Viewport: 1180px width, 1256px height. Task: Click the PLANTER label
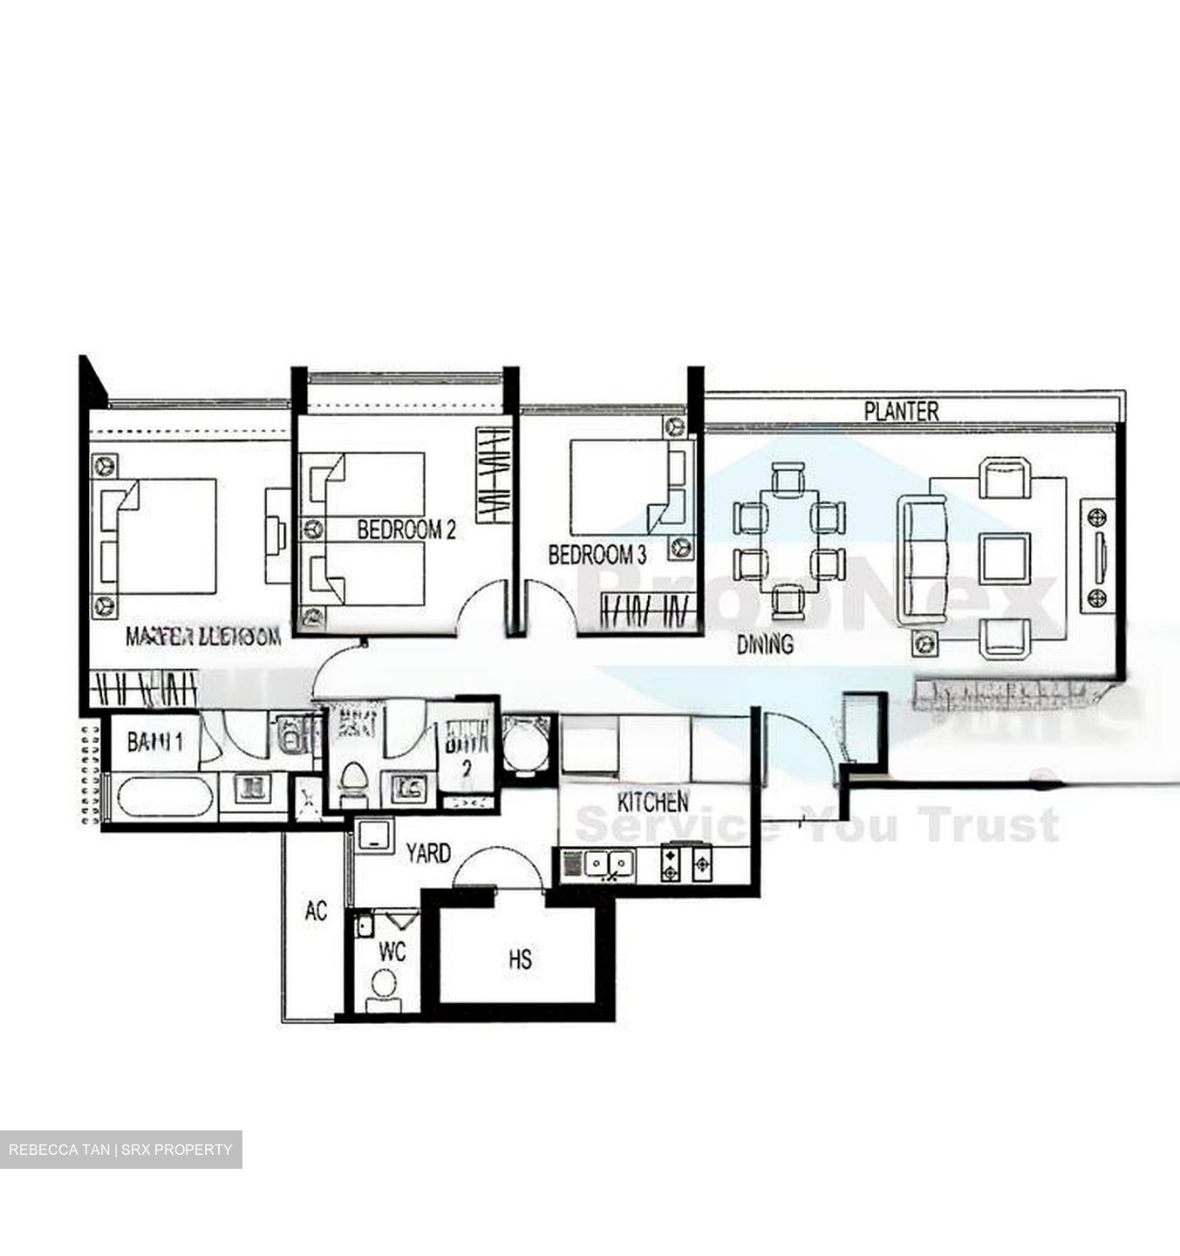[901, 411]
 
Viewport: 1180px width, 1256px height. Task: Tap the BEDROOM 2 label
[406, 529]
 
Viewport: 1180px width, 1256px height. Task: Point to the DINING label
[765, 645]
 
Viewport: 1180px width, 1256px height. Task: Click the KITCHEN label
[652, 802]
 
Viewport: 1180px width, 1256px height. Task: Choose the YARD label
[428, 853]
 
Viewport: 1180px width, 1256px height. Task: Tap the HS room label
[520, 960]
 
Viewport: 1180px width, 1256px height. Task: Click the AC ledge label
[316, 911]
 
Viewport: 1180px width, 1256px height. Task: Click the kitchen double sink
[608, 864]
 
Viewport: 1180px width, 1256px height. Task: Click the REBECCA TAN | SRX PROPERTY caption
[120, 1150]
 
